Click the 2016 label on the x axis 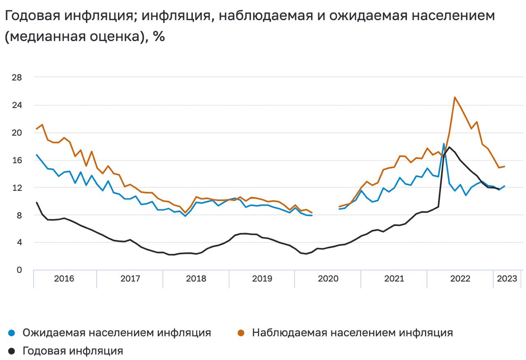point(64,279)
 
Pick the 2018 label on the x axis point(196,279)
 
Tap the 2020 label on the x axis point(328,279)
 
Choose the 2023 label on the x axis point(507,279)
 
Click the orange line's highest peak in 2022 point(454,97)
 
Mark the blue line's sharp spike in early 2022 point(444,144)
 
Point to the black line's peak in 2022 point(449,147)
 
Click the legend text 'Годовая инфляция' point(73,351)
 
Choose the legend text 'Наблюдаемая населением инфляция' point(352,333)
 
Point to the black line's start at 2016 point(37,202)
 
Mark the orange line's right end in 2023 point(505,166)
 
